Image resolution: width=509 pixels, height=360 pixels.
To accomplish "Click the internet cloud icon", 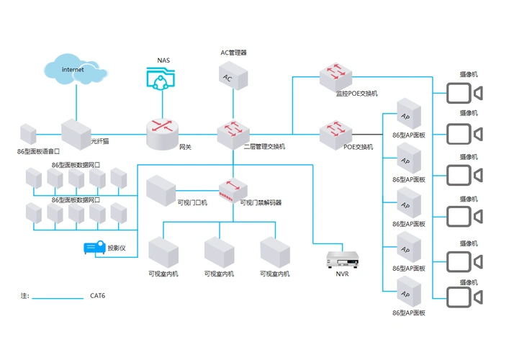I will (74, 69).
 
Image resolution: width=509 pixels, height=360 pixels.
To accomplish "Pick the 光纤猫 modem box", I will (75, 133).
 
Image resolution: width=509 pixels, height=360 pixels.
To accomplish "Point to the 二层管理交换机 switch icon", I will (233, 132).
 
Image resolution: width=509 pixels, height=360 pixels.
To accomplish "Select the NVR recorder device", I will (343, 259).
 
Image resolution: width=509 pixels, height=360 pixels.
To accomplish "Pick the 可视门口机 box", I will (161, 189).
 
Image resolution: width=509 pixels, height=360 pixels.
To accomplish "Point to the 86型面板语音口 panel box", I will (28, 134).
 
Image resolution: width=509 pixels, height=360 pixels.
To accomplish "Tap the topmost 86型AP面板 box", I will (408, 114).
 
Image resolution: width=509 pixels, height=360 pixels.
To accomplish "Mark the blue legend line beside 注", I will (58, 297).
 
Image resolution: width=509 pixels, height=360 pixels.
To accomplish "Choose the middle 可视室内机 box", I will (219, 252).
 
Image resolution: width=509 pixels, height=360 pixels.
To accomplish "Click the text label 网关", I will (185, 147).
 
